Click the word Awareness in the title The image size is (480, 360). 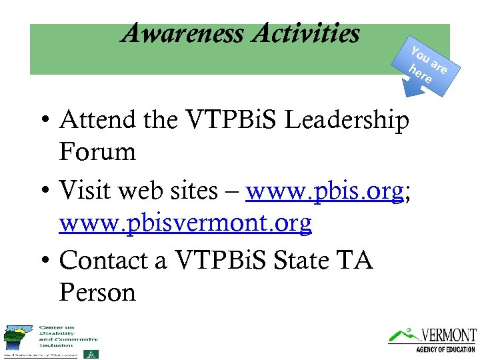point(183,33)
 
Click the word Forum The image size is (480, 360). point(97,152)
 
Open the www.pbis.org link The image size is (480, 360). point(324,192)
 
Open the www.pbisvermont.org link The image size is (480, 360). point(185,223)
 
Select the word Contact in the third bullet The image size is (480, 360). point(105,261)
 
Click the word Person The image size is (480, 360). point(97,292)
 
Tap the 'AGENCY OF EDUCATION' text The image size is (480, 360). point(445,349)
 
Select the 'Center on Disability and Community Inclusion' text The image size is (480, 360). point(59,336)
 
